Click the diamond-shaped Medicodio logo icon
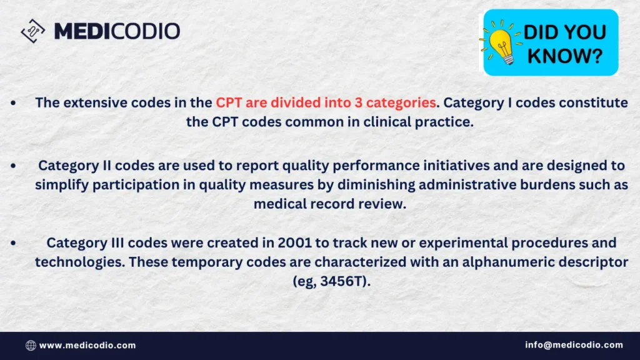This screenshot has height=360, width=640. tap(32, 31)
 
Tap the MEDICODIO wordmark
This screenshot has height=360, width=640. tap(117, 31)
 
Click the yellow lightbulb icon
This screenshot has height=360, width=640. tap(502, 42)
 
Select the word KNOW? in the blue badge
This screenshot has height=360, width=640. tap(565, 56)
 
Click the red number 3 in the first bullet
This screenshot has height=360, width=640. tap(358, 102)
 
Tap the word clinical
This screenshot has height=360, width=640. tap(387, 122)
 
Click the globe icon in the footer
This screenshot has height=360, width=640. tap(31, 345)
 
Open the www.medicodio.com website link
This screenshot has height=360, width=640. tap(87, 345)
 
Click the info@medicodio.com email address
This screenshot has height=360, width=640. tap(574, 345)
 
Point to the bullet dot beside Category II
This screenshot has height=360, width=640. tap(14, 166)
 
